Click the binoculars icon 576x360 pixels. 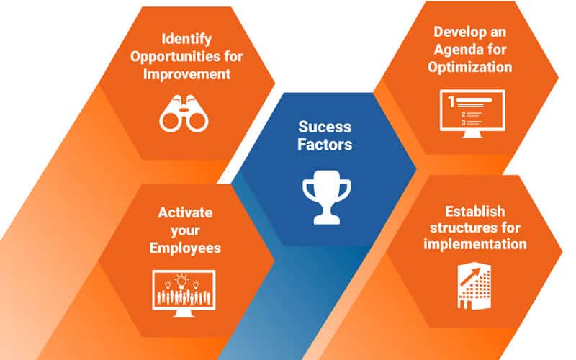(184, 114)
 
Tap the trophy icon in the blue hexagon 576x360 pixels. (327, 197)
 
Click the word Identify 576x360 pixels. (186, 40)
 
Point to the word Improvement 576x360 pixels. (186, 74)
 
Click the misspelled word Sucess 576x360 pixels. (325, 127)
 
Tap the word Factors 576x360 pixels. (325, 145)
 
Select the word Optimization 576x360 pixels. (470, 67)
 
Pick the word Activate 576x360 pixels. (185, 212)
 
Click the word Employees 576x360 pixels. (185, 248)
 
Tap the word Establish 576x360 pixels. (475, 212)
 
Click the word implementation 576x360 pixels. (475, 244)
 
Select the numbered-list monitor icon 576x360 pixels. (472, 114)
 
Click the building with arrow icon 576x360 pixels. (474, 286)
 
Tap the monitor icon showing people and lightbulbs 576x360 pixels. (184, 293)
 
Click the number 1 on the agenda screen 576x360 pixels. (451, 102)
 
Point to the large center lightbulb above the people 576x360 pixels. (181, 282)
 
